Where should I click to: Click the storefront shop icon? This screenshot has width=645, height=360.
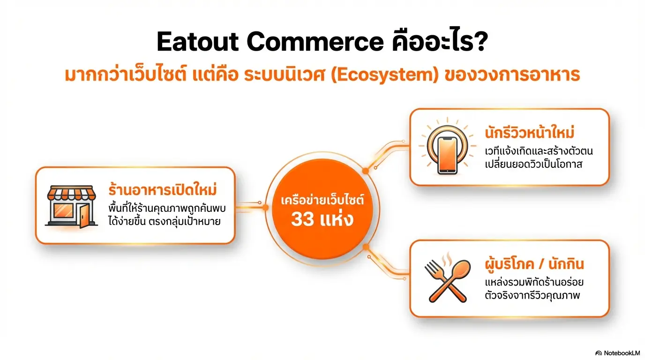point(71,206)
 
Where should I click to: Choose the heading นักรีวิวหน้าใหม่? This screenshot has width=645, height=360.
point(530,134)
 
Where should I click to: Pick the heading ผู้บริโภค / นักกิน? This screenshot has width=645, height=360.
point(534,264)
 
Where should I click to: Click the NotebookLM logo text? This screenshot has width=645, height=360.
point(621,352)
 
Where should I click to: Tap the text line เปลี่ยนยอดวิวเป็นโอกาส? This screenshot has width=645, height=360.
point(533,165)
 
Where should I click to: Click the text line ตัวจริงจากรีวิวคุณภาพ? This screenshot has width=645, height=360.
point(532,296)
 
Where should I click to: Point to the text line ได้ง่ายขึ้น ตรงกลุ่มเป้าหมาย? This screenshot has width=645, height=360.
point(170,221)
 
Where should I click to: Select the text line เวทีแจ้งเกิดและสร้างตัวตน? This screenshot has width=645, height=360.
point(533,152)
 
